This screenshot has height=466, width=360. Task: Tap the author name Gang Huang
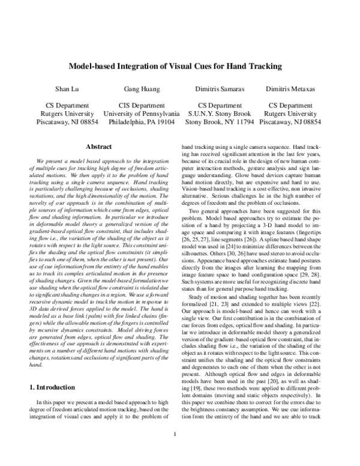(x=142, y=89)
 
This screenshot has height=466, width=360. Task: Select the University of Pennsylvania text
(x=142, y=113)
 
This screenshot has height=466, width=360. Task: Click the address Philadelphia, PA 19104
(x=142, y=121)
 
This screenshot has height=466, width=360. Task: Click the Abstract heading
(x=100, y=147)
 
